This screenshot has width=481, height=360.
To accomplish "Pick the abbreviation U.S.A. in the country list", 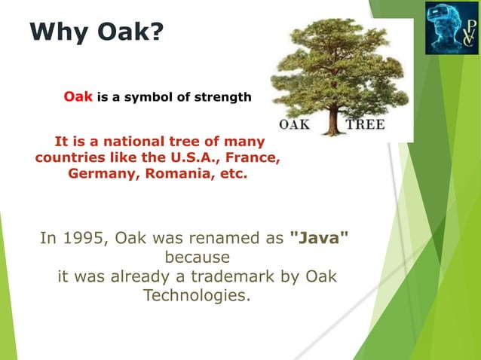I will [191, 158].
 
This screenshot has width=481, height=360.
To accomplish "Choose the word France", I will [255, 158].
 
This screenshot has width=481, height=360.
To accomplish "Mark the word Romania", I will [167, 175].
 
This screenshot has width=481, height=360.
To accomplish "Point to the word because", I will [195, 258].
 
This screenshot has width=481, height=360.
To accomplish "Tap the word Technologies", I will [195, 296].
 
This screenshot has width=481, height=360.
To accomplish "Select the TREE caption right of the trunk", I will [366, 124].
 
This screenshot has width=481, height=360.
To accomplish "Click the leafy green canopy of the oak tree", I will [335, 64].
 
